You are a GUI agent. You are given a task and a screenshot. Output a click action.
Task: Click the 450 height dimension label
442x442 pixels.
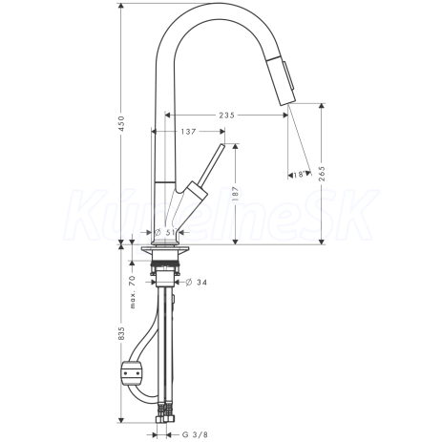[121, 123]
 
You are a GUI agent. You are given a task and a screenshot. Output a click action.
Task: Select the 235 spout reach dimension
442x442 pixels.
[227, 116]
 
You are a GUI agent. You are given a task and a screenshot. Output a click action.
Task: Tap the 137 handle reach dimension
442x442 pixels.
[188, 132]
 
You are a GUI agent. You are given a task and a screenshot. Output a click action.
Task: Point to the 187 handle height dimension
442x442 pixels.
[235, 194]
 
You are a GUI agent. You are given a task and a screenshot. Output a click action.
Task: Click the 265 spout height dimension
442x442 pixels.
[322, 174]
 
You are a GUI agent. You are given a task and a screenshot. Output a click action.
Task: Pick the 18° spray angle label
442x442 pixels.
[301, 175]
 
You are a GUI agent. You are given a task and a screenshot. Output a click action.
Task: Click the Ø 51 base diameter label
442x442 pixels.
[165, 233]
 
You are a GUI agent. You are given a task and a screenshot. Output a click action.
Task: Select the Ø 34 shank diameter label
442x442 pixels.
[196, 282]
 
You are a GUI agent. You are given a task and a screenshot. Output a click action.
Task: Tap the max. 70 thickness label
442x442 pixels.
[133, 292]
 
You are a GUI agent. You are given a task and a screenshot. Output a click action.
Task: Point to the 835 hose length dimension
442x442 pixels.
[121, 334]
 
